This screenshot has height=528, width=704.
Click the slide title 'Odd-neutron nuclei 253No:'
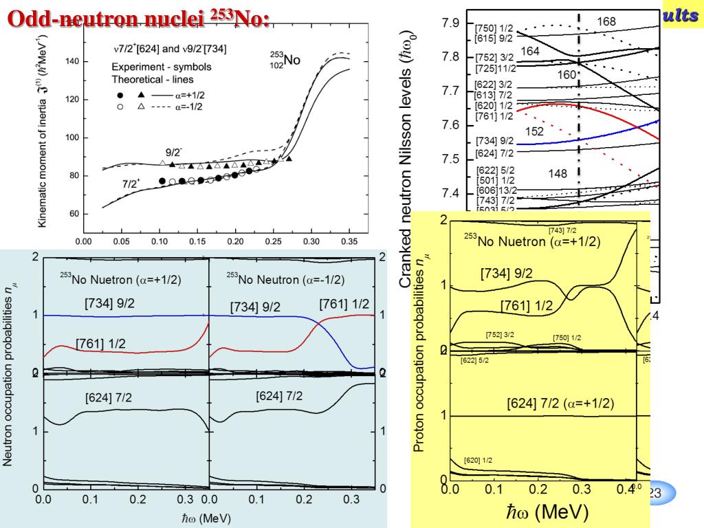pyautogui.click(x=137, y=19)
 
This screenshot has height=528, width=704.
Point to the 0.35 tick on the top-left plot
pyautogui.click(x=350, y=242)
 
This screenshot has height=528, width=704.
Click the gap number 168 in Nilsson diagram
pyautogui.click(x=606, y=21)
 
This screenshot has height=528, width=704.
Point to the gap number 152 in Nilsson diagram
pyautogui.click(x=534, y=131)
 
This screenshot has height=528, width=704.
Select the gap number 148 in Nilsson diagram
pyautogui.click(x=558, y=173)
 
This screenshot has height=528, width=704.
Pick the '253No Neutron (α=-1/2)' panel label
pyautogui.click(x=286, y=280)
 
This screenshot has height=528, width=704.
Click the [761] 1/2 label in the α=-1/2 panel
pyautogui.click(x=344, y=304)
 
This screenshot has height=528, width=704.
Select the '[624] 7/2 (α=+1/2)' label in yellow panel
pyautogui.click(x=560, y=404)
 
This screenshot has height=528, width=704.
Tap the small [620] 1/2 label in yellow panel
pyautogui.click(x=481, y=460)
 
